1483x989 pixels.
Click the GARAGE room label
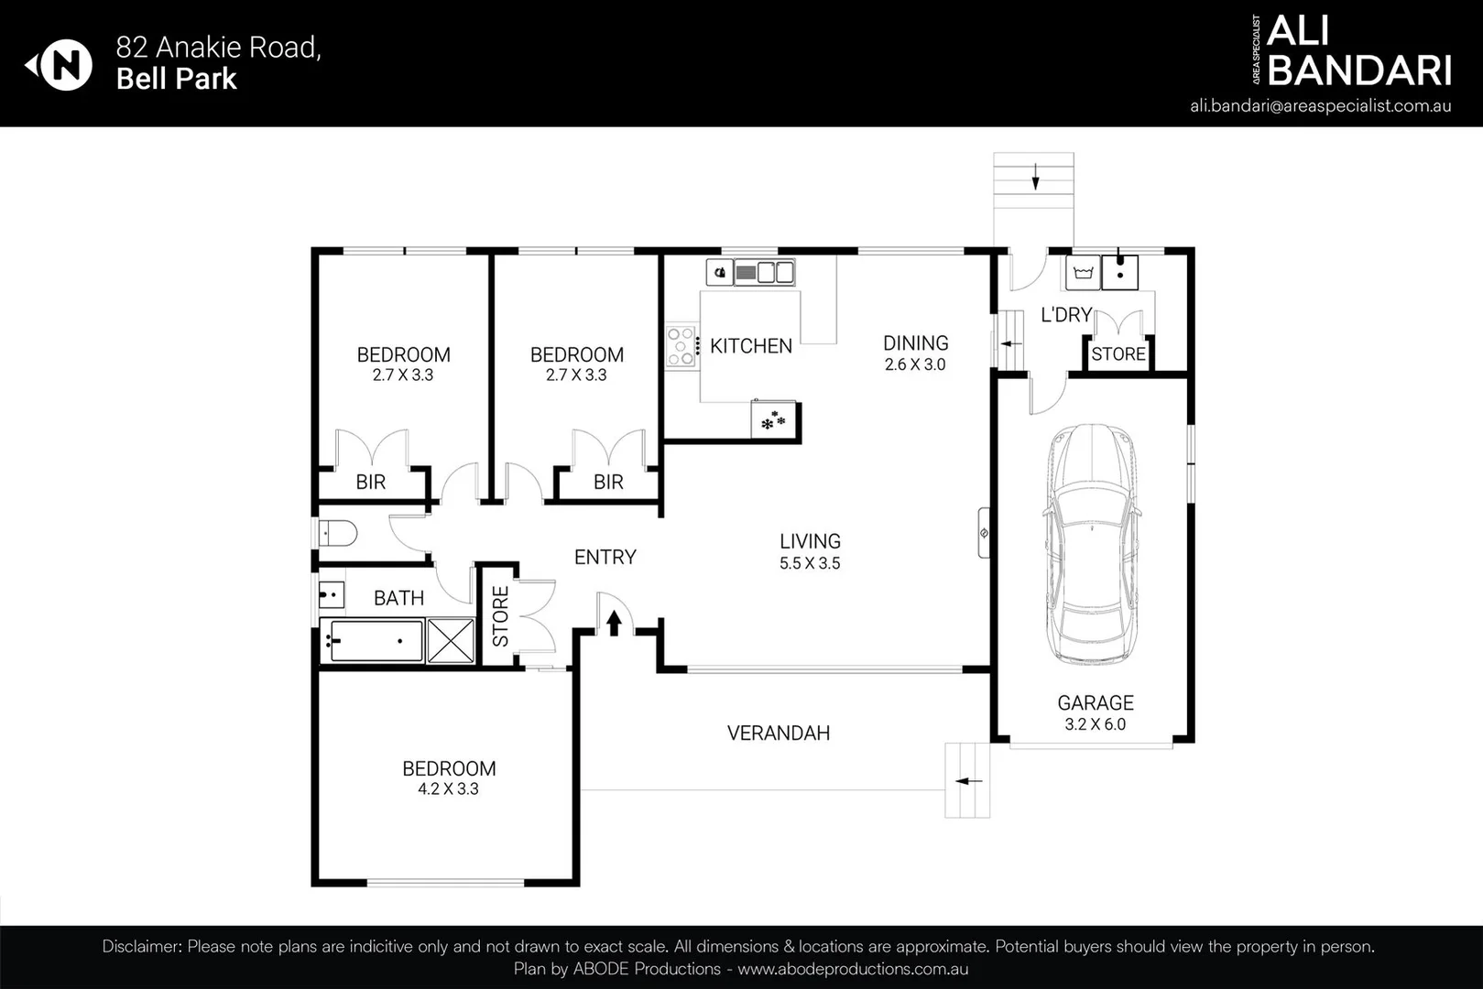tap(1095, 702)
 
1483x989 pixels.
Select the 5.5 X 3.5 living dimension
tap(810, 563)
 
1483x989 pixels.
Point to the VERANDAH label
tap(778, 733)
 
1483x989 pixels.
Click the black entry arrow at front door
tap(614, 623)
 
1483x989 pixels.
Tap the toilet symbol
tap(336, 533)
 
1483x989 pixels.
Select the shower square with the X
tap(451, 640)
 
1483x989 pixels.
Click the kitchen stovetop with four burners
tap(681, 346)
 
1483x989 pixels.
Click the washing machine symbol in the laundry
tap(1083, 273)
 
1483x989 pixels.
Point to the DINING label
tap(915, 343)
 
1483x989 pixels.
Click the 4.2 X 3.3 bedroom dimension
tap(448, 788)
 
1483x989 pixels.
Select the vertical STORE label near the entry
tap(500, 616)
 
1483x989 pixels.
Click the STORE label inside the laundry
tap(1118, 354)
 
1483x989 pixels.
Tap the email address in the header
tap(1320, 105)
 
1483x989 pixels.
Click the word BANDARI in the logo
tap(1359, 71)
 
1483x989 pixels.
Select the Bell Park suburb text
tap(176, 79)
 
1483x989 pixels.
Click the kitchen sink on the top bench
tap(767, 272)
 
